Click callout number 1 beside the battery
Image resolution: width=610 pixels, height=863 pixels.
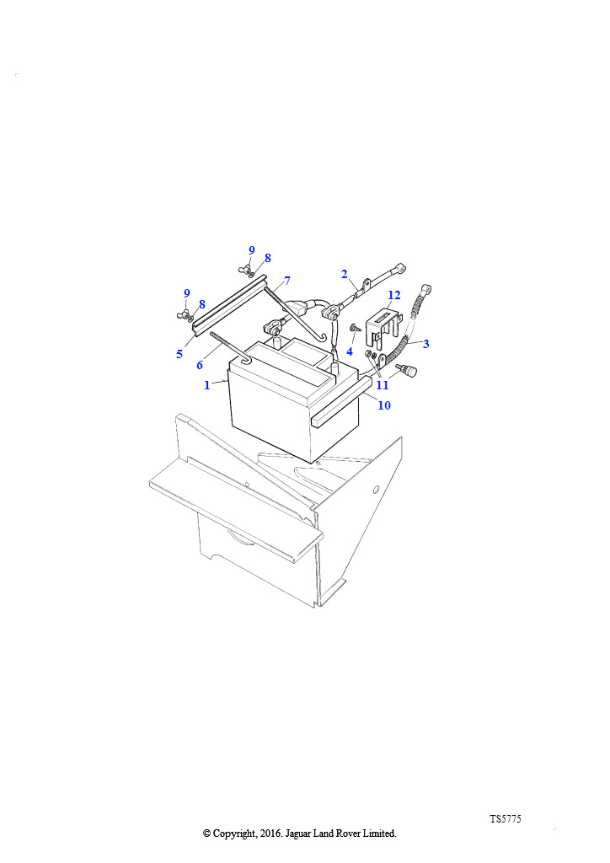(x=206, y=385)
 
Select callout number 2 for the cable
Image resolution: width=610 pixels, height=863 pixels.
(x=345, y=274)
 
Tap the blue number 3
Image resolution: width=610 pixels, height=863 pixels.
(x=425, y=344)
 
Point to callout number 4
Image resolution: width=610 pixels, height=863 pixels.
(x=350, y=351)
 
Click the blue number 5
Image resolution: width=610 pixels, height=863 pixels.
(x=179, y=354)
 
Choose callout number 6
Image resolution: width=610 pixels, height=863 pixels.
(x=200, y=365)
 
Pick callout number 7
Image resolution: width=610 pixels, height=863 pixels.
(x=286, y=281)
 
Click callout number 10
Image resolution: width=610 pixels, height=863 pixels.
(x=384, y=405)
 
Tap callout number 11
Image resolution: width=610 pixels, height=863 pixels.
(x=383, y=385)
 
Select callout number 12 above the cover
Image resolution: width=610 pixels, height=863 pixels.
(x=394, y=296)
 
